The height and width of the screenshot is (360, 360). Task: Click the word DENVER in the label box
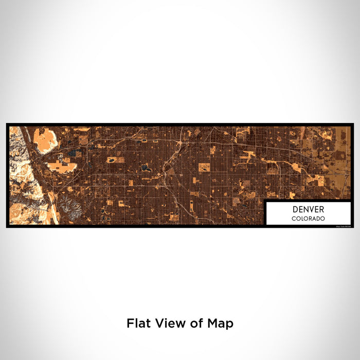coord(309,209)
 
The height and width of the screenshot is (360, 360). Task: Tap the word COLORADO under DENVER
coord(309,219)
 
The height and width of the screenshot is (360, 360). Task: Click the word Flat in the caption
coord(137,323)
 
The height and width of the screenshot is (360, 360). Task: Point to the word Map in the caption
coord(222,323)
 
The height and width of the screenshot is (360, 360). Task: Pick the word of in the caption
coord(196,323)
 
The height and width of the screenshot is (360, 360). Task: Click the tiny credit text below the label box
coord(343,226)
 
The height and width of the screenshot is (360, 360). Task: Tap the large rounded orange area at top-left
coord(45,139)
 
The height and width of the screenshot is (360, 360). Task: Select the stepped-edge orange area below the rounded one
coord(59,166)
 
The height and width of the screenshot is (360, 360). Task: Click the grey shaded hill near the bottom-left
coord(69,208)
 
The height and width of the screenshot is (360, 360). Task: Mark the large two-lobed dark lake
coord(146,167)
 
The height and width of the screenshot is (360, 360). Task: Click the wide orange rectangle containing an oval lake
coord(116,160)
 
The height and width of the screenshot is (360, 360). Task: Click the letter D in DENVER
coord(295,209)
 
